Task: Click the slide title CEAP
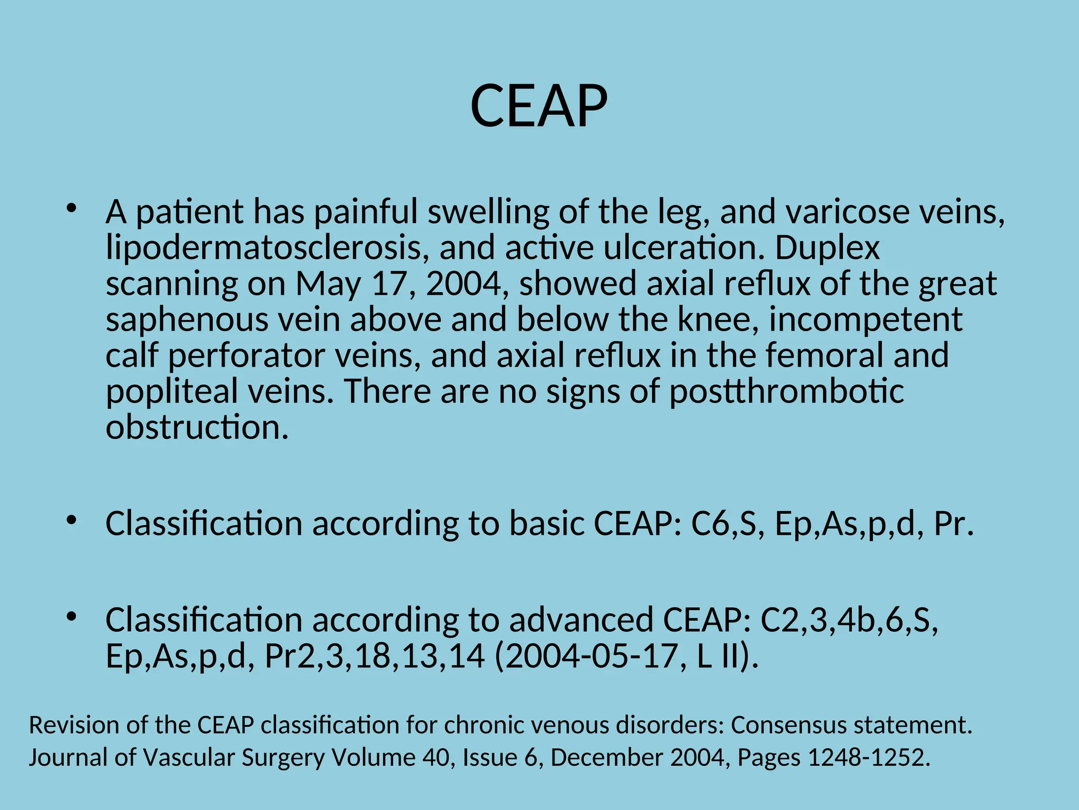pyautogui.click(x=539, y=107)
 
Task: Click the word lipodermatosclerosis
pyautogui.click(x=264, y=247)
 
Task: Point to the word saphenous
pyautogui.click(x=187, y=320)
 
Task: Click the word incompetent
pyautogui.click(x=866, y=320)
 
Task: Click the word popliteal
pyautogui.click(x=172, y=391)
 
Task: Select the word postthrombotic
pyautogui.click(x=787, y=391)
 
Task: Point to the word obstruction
pyautogui.click(x=197, y=427)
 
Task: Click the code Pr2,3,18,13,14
pyautogui.click(x=374, y=656)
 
